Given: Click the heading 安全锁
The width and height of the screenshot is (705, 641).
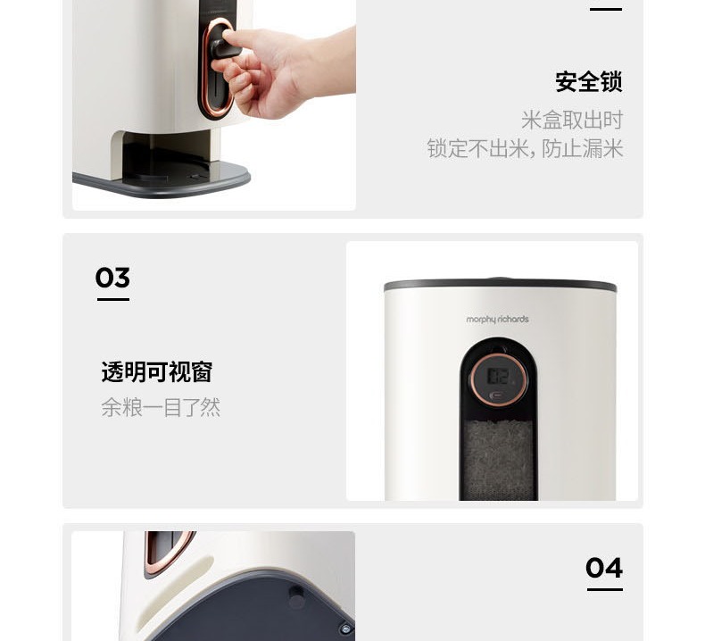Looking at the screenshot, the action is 589,82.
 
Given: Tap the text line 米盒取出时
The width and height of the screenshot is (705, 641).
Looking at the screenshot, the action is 572,121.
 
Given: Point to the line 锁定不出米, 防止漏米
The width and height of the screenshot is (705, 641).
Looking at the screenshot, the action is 525,148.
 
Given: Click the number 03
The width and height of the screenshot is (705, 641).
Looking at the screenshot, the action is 112,277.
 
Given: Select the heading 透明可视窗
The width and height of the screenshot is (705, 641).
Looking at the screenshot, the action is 157,371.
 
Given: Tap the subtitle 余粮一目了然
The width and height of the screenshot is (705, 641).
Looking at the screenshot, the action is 161,407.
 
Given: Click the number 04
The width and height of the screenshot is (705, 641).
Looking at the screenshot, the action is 604,568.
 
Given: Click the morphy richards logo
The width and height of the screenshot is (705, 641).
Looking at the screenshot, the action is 497,320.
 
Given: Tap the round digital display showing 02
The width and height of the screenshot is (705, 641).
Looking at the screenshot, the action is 499,379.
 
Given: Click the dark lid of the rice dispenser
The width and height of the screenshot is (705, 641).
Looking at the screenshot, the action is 500,285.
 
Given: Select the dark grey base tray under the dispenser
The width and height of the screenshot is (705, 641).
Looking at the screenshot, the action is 162,180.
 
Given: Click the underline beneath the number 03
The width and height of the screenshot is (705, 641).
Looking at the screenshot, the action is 113,299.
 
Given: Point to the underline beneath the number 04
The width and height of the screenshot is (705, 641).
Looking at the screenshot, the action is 605,589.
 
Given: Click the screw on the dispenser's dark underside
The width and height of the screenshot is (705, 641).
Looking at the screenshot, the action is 345,629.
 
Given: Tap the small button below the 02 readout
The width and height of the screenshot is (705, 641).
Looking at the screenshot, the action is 499,395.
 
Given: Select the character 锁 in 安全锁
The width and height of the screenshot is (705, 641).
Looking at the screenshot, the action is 612,82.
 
